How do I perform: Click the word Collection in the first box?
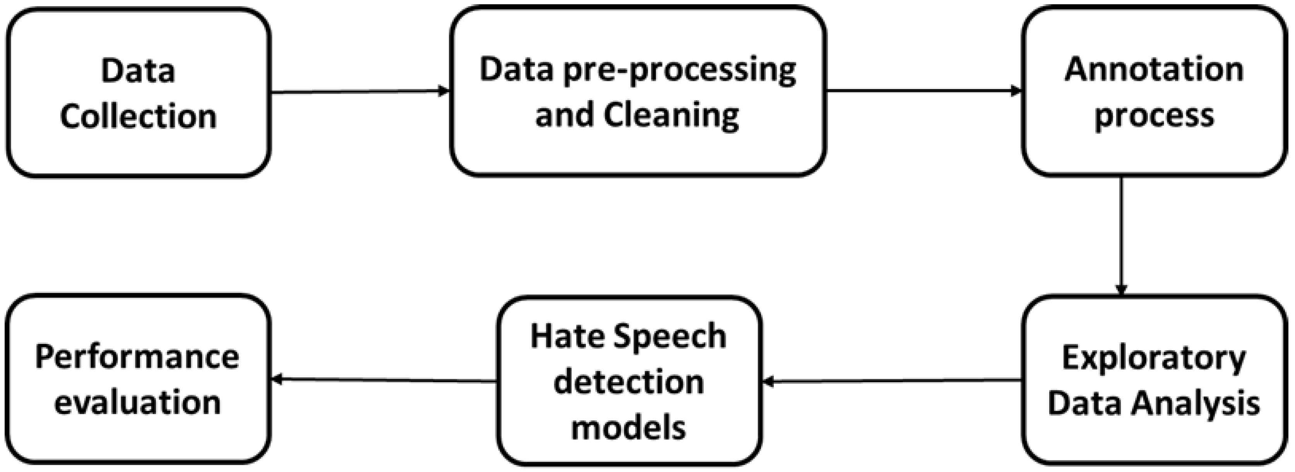click(x=138, y=116)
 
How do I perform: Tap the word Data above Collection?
click(x=138, y=71)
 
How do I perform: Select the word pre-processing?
click(x=680, y=71)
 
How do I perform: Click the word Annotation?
click(x=1154, y=70)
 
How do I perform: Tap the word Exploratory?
click(x=1154, y=358)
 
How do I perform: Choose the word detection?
click(x=628, y=382)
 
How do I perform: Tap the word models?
click(x=628, y=427)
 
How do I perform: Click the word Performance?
click(x=137, y=357)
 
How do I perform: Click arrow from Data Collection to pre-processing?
click(x=359, y=91)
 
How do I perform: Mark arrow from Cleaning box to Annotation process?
click(x=924, y=91)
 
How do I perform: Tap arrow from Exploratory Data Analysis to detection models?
click(x=892, y=381)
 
